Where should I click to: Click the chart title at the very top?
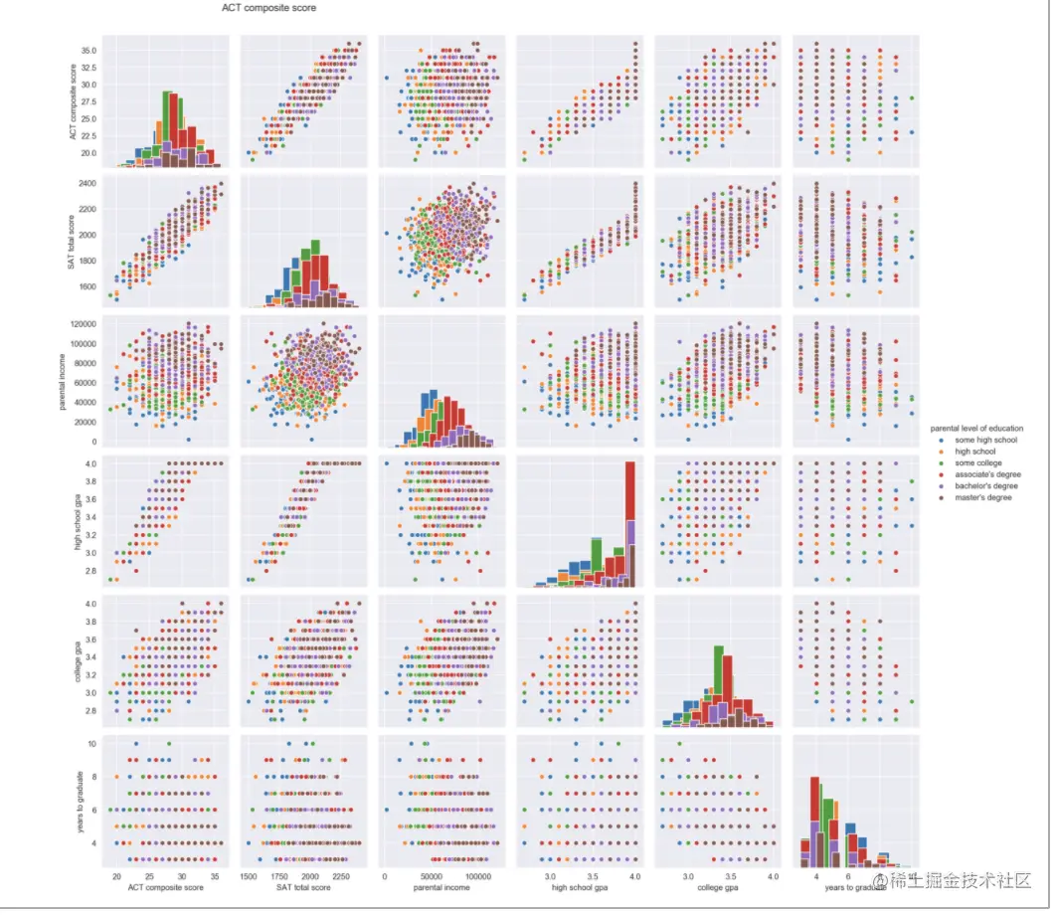click(269, 8)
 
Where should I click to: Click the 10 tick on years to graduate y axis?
click(89, 744)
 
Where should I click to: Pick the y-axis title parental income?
click(62, 381)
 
